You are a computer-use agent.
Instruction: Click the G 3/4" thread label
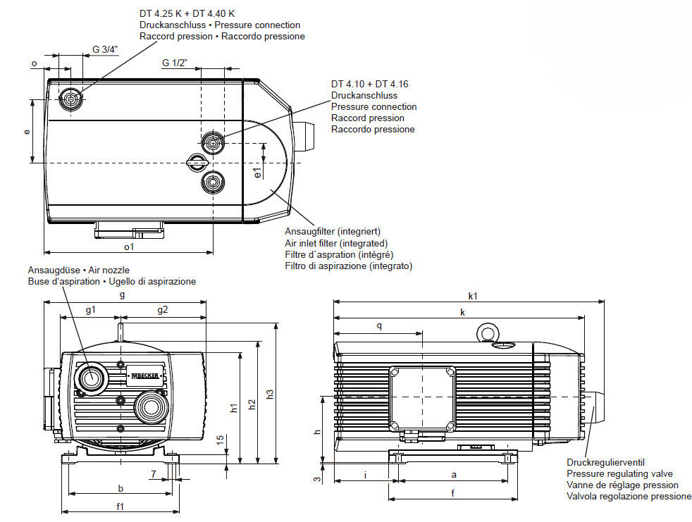[x=105, y=49]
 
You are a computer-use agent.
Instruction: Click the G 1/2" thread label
[x=175, y=63]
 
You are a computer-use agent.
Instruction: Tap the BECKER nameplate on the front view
[x=146, y=375]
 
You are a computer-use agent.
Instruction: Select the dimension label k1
[x=473, y=296]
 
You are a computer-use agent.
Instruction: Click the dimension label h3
[x=270, y=394]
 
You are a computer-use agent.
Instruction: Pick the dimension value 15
[x=221, y=440]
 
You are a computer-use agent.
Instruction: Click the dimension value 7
[x=153, y=474]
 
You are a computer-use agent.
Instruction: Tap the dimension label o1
[x=128, y=247]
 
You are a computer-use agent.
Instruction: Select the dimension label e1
[x=258, y=173]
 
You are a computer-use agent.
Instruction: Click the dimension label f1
[x=120, y=507]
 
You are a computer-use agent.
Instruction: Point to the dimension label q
[x=379, y=326]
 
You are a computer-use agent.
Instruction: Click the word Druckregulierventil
[x=605, y=462]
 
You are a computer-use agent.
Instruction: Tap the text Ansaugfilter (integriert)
[x=333, y=231]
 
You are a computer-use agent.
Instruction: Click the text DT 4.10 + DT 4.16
[x=370, y=84]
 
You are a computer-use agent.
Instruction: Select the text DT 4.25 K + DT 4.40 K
[x=187, y=13]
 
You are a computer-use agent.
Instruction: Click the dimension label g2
[x=162, y=310]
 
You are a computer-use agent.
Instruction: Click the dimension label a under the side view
[x=454, y=475]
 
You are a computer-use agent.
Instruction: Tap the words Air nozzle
[x=109, y=270]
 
